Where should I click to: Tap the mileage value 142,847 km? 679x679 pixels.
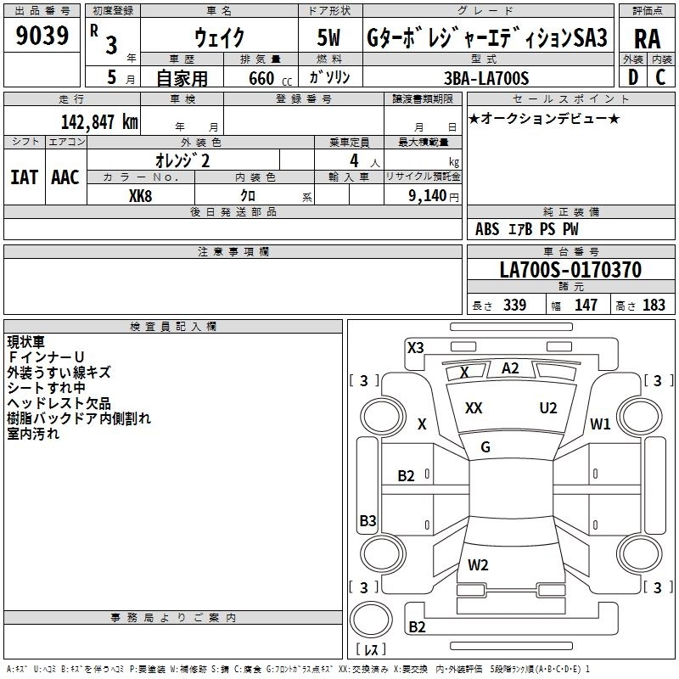pyautogui.click(x=99, y=121)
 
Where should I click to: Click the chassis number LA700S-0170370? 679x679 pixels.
pyautogui.click(x=570, y=270)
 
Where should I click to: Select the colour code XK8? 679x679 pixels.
pyautogui.click(x=140, y=194)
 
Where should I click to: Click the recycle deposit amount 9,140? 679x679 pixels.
pyautogui.click(x=428, y=194)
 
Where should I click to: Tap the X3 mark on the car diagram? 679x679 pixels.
pyautogui.click(x=416, y=347)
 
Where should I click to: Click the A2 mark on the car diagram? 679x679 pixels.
pyautogui.click(x=510, y=368)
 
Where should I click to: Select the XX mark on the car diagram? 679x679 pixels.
pyautogui.click(x=474, y=408)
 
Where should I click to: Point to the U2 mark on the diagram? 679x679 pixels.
pyautogui.click(x=548, y=408)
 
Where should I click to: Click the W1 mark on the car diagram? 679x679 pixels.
pyautogui.click(x=601, y=424)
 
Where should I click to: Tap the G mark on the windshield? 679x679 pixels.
pyautogui.click(x=485, y=447)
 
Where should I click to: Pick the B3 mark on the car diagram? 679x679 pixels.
pyautogui.click(x=368, y=520)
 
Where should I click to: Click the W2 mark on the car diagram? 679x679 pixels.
pyautogui.click(x=478, y=564)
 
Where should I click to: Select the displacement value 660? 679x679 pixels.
pyautogui.click(x=257, y=78)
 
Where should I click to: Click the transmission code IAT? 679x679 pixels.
pyautogui.click(x=24, y=177)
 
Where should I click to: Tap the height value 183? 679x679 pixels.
pyautogui.click(x=654, y=305)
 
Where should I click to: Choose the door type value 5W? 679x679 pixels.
pyautogui.click(x=330, y=38)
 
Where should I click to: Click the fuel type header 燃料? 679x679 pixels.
pyautogui.click(x=330, y=59)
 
